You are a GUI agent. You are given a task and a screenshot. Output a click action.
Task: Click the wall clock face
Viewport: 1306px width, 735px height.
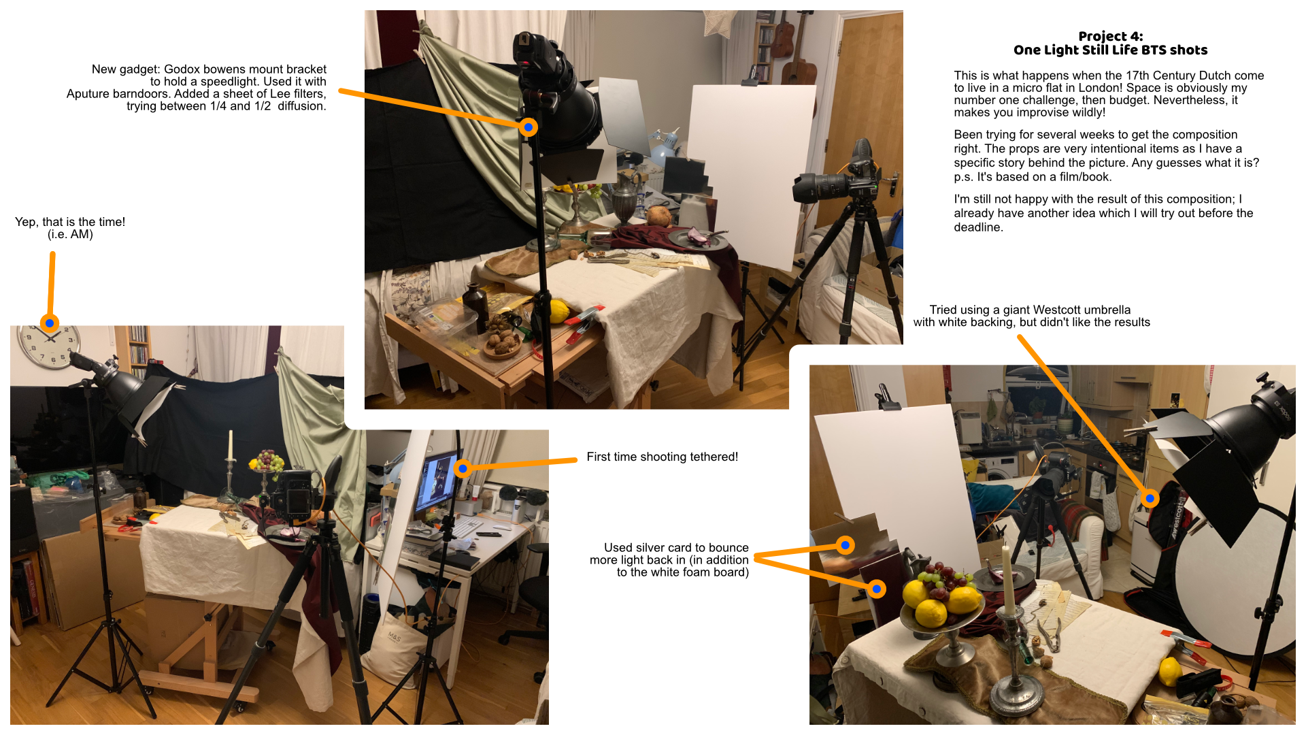(48, 346)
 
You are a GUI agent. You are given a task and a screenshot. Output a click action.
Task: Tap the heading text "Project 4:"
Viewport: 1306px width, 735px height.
(1110, 36)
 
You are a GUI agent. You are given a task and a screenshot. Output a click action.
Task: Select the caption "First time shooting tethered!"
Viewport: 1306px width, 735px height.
(662, 457)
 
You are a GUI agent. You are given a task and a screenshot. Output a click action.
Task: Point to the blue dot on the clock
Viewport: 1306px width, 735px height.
(50, 323)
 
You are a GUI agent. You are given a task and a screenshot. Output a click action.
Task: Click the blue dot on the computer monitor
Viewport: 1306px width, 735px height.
(463, 468)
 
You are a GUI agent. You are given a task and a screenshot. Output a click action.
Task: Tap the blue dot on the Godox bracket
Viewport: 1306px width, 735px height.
(529, 127)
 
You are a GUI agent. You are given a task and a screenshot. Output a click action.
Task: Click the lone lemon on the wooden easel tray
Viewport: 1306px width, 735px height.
(558, 311)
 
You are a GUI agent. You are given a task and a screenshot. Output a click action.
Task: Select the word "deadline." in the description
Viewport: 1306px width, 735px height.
(978, 227)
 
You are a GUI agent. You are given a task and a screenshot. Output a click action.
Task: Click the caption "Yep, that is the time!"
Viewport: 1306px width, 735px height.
(70, 222)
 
